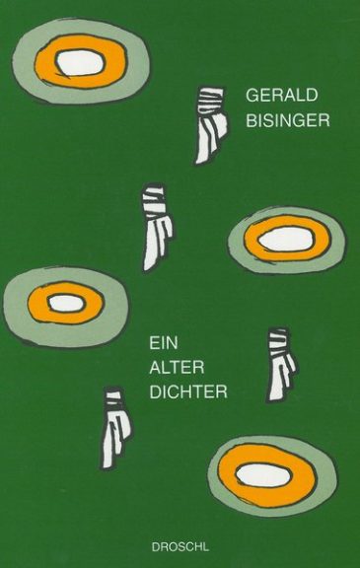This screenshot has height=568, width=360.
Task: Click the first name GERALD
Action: (x=282, y=95)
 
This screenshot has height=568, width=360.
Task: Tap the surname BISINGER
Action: (x=288, y=120)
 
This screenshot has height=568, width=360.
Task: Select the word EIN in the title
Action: (x=164, y=343)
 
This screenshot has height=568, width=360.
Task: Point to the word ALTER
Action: (x=177, y=368)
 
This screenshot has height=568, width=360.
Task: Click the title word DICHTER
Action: (x=188, y=392)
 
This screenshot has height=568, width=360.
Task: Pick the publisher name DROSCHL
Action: (x=180, y=547)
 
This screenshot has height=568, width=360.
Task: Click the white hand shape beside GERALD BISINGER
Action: (x=211, y=125)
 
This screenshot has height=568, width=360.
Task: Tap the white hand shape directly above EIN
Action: (x=157, y=227)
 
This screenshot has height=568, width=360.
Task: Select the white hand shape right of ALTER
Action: (x=281, y=364)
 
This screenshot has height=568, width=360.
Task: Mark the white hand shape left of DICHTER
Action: (x=116, y=428)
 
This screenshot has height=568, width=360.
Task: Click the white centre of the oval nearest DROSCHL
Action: (x=263, y=475)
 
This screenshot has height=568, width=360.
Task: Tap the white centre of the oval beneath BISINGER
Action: (x=286, y=240)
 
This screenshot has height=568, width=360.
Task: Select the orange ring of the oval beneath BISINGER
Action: (x=251, y=240)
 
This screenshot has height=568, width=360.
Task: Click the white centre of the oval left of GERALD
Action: (x=81, y=62)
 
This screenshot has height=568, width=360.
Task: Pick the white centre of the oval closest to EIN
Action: (x=66, y=303)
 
